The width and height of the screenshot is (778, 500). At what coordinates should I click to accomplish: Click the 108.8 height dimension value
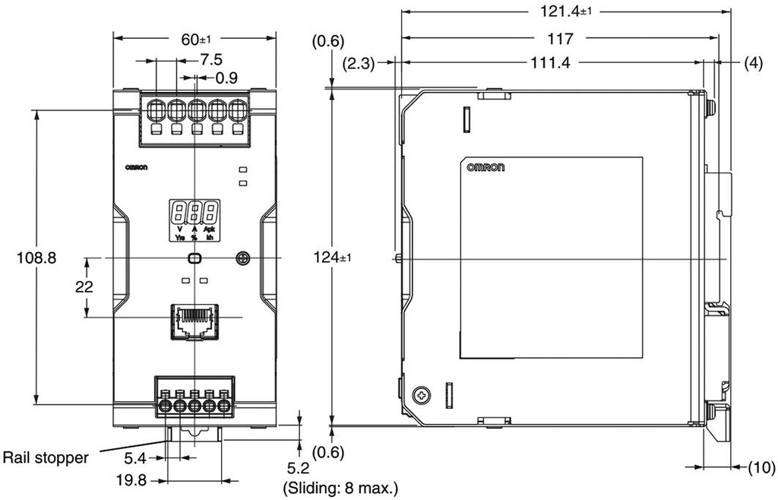[x=36, y=258]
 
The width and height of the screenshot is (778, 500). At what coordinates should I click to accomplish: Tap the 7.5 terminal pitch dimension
[x=210, y=59]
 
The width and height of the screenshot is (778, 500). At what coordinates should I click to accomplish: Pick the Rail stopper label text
[x=46, y=457]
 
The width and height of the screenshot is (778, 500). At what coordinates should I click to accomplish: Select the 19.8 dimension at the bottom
[x=131, y=480]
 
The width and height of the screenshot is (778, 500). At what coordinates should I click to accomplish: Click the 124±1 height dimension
[x=333, y=258]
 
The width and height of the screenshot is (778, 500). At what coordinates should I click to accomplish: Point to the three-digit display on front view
[x=194, y=210]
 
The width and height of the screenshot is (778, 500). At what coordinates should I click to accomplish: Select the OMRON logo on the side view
[x=485, y=168]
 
